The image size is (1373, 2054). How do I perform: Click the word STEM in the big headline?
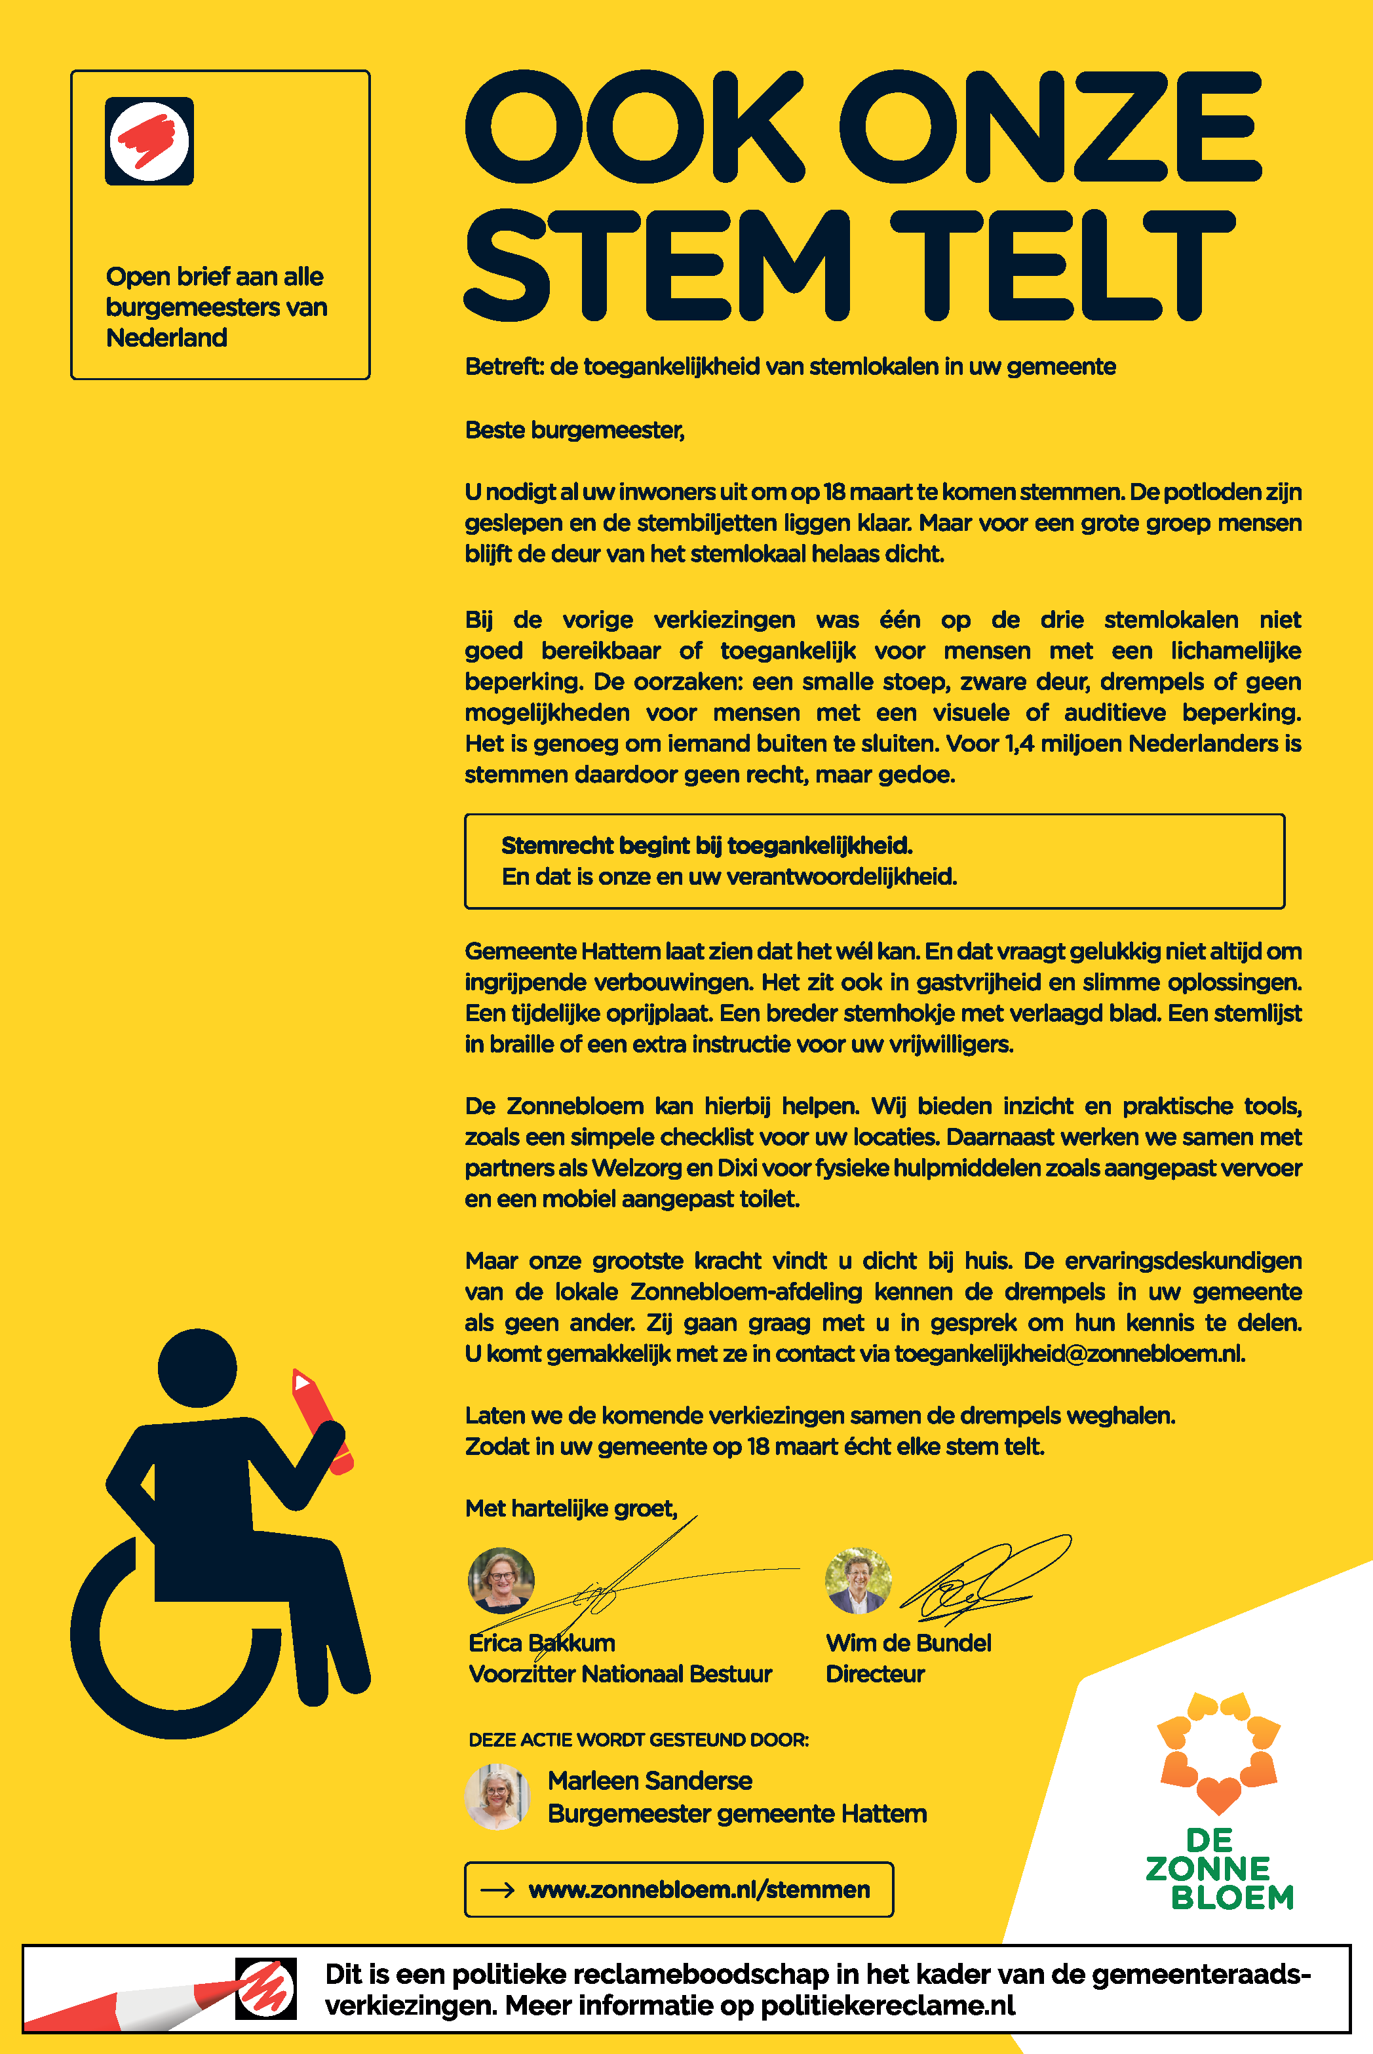pos(657,264)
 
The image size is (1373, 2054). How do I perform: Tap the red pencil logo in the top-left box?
pos(149,141)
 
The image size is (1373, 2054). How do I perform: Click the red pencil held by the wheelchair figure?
pos(320,1418)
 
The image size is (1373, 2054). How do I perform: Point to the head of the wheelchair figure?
pos(197,1368)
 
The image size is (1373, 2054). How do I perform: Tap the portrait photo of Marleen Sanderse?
pos(497,1796)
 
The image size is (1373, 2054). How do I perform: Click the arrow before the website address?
pos(497,1889)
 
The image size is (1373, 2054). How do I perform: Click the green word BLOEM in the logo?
pos(1232,1897)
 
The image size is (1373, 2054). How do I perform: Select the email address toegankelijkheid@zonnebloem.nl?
pos(1068,1353)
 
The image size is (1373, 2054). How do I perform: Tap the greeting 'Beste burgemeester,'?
pos(574,430)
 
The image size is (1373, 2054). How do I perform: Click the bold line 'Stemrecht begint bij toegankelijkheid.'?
pos(706,845)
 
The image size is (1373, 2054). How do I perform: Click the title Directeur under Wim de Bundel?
pos(875,1674)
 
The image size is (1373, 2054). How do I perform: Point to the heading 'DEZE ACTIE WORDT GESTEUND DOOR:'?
pos(638,1739)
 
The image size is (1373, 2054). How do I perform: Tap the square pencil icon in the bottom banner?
pos(266,1988)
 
